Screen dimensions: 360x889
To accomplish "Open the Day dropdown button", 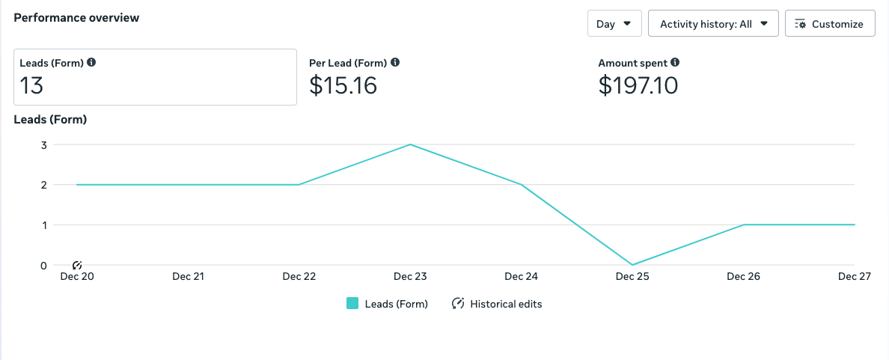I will pos(614,24).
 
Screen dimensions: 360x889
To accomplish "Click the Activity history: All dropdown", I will pos(713,24).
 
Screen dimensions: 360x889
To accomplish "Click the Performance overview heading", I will pos(76,18).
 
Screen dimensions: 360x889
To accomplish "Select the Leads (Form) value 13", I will pos(32,85).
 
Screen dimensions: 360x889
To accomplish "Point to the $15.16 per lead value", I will pos(343,85).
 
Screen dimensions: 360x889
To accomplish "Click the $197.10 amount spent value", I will pos(638,85).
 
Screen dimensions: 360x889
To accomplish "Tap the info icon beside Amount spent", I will pos(675,63).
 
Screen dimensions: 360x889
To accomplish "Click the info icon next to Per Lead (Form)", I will pos(395,63).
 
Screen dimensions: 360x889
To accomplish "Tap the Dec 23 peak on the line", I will pos(410,144).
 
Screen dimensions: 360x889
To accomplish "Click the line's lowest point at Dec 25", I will pos(632,265).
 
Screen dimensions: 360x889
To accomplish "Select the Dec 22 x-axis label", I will pos(299,276).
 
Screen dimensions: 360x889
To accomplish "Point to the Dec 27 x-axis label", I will pos(854,276).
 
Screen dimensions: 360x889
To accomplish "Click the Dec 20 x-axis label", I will pos(76,276).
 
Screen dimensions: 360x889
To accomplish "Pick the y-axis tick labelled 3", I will pos(43,144).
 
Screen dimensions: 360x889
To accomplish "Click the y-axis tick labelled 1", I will pos(43,225).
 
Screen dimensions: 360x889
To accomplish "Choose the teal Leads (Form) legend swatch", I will pos(352,304).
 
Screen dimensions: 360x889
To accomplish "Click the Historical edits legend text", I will pos(506,304).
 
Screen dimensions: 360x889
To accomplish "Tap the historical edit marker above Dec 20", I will pos(77,265).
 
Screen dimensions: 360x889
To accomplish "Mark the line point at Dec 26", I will pos(743,225).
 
